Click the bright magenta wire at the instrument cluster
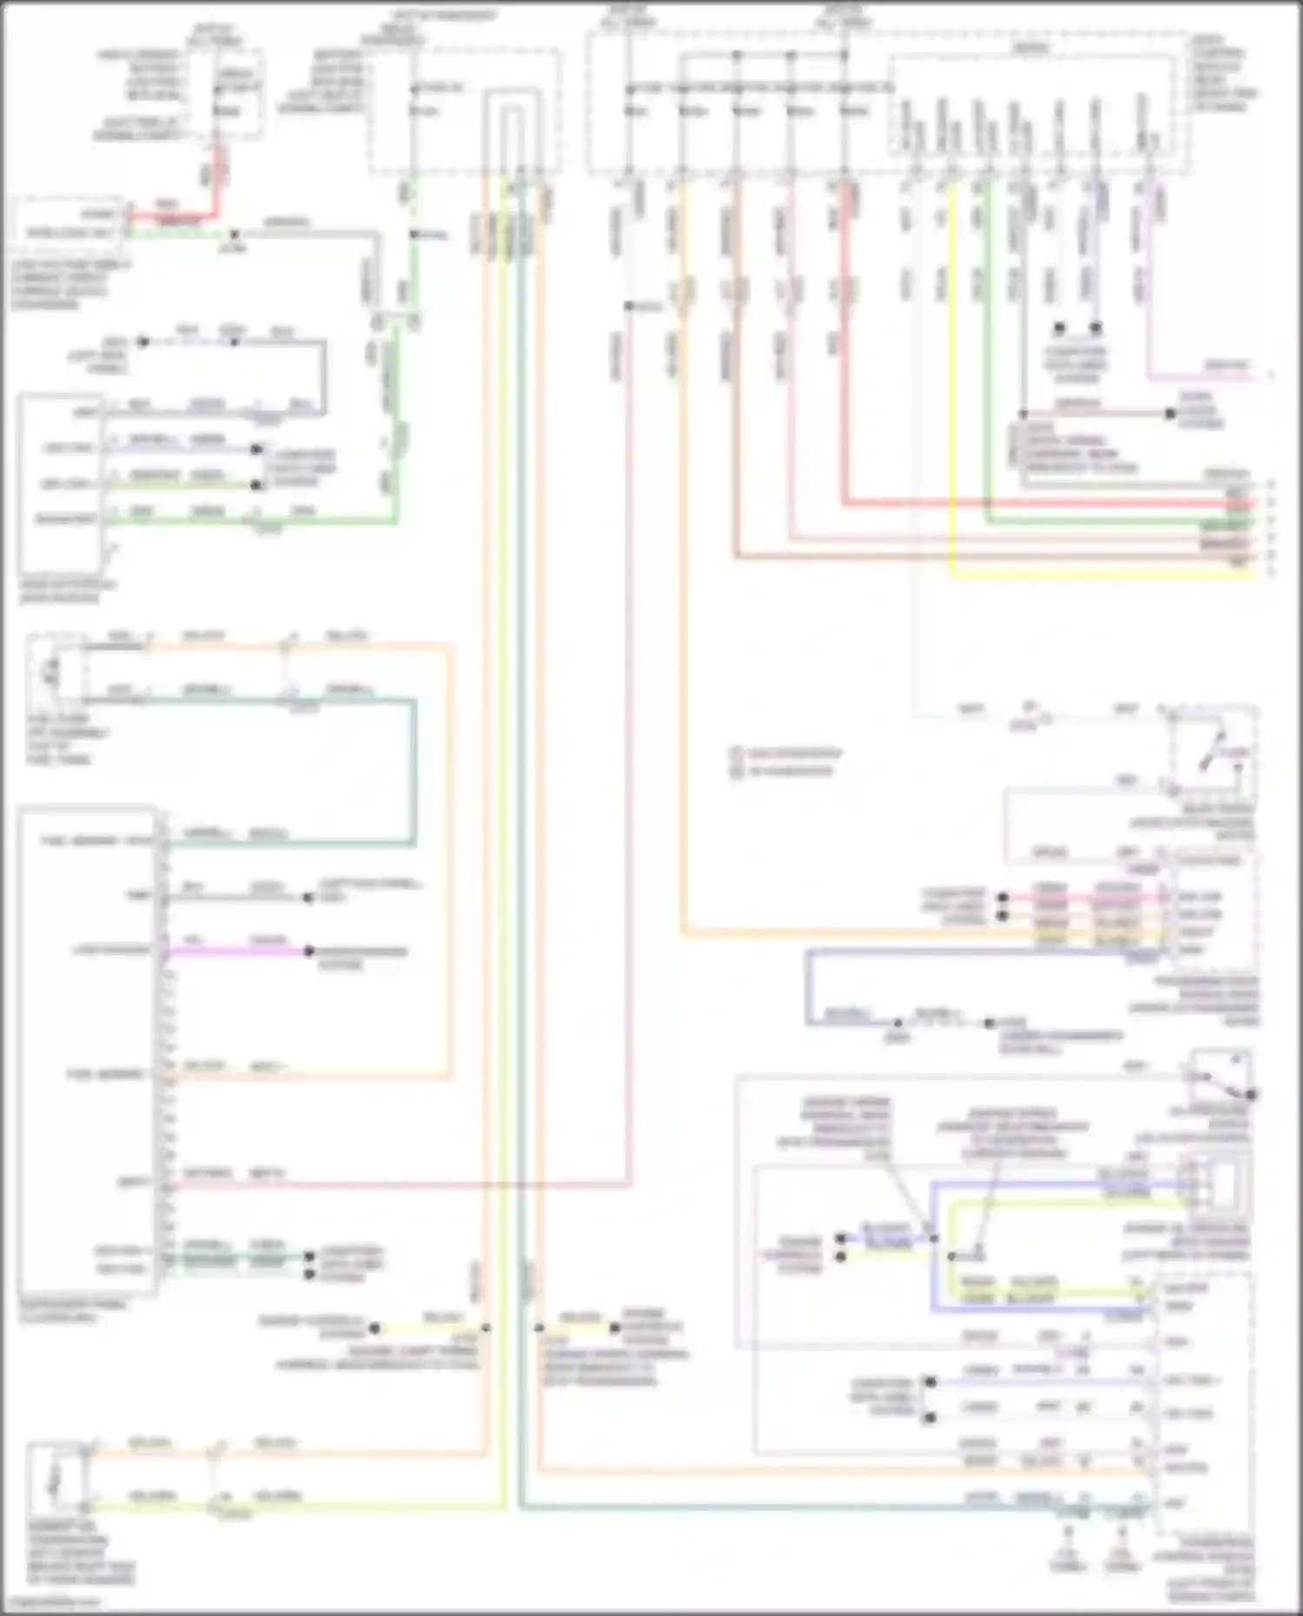pos(235,952)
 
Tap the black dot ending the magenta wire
pos(308,952)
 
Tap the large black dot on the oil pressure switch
pos(1252,1095)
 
